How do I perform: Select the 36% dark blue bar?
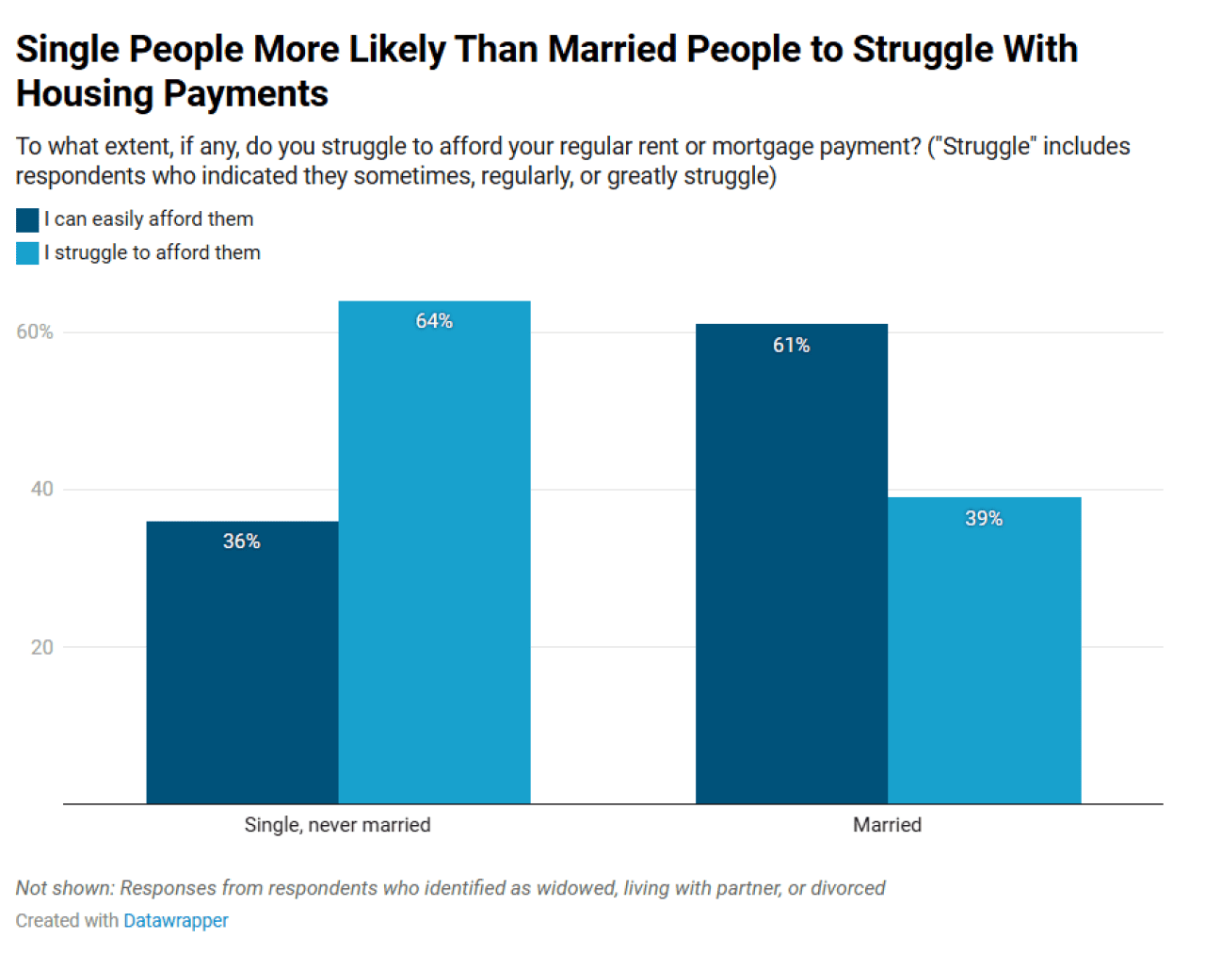tap(242, 669)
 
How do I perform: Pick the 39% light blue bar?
tap(984, 659)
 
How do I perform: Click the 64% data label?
tap(434, 321)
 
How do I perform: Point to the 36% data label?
tap(241, 542)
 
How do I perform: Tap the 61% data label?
tap(791, 346)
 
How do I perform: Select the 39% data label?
tap(984, 519)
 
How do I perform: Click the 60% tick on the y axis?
tap(35, 332)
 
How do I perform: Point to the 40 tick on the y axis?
tap(41, 489)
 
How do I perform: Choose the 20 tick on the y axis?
tap(41, 647)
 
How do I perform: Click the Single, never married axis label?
tap(337, 825)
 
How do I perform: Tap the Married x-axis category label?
tap(887, 825)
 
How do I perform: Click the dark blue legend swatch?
tap(27, 220)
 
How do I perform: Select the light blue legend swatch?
tap(27, 253)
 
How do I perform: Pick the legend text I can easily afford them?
tap(149, 219)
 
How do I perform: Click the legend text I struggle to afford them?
tap(153, 253)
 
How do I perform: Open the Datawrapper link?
tap(176, 921)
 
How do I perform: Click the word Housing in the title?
tap(84, 94)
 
